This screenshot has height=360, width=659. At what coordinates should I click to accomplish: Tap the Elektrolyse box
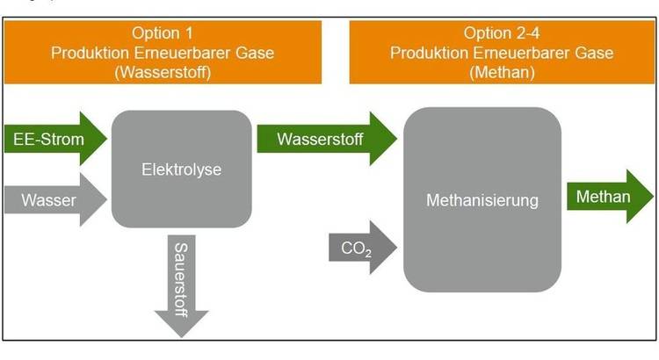tap(181, 169)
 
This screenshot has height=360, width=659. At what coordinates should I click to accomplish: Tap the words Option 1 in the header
tap(161, 34)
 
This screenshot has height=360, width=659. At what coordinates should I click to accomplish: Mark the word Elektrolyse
tap(181, 169)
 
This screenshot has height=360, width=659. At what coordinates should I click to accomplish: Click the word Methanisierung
tap(482, 201)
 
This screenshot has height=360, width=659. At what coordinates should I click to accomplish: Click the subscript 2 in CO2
tap(368, 253)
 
